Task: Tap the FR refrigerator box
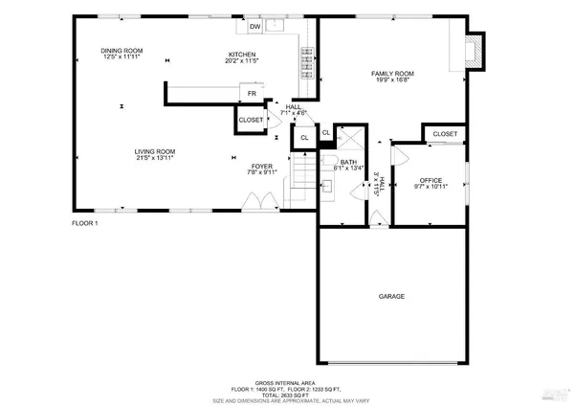[x=252, y=94]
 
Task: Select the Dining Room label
[x=121, y=51]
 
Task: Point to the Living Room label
[x=153, y=150]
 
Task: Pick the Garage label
[x=390, y=297]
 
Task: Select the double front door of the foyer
[x=254, y=203]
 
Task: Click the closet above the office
[x=445, y=134]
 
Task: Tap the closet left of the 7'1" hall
[x=251, y=121]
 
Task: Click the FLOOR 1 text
[x=85, y=223]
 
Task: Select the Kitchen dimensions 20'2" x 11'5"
[x=242, y=61]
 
